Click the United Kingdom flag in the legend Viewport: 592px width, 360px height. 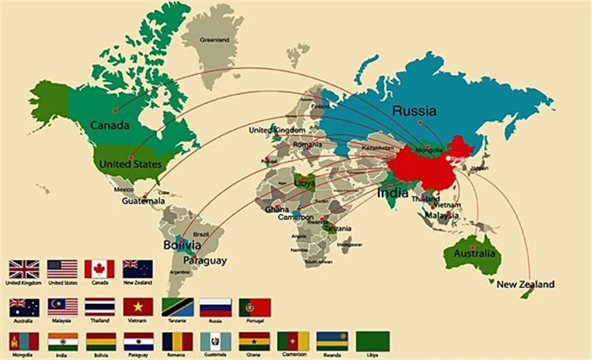(x=22, y=269)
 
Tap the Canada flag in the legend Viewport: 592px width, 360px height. (x=99, y=269)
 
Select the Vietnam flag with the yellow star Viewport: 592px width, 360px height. (x=137, y=307)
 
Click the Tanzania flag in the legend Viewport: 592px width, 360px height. (x=176, y=307)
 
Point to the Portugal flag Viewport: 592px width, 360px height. (x=254, y=307)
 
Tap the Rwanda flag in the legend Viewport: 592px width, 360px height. (x=332, y=341)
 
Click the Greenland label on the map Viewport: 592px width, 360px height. (x=214, y=39)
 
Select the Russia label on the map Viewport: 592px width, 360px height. (x=414, y=111)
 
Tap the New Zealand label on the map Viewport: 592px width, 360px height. (x=525, y=284)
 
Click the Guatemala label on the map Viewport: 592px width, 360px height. (x=143, y=201)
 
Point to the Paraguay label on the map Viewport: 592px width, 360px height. (x=204, y=261)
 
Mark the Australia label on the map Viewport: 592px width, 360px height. (x=474, y=253)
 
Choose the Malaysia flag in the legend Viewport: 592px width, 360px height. (x=61, y=307)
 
